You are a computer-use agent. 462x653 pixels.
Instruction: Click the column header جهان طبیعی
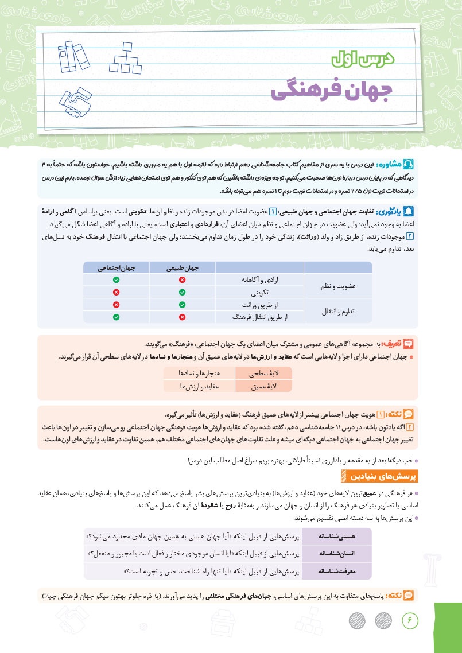point(182,268)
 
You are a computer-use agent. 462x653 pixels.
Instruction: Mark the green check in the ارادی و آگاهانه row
point(117,279)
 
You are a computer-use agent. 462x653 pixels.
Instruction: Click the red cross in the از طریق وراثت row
point(117,305)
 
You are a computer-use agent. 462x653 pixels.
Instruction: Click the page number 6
point(410,620)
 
